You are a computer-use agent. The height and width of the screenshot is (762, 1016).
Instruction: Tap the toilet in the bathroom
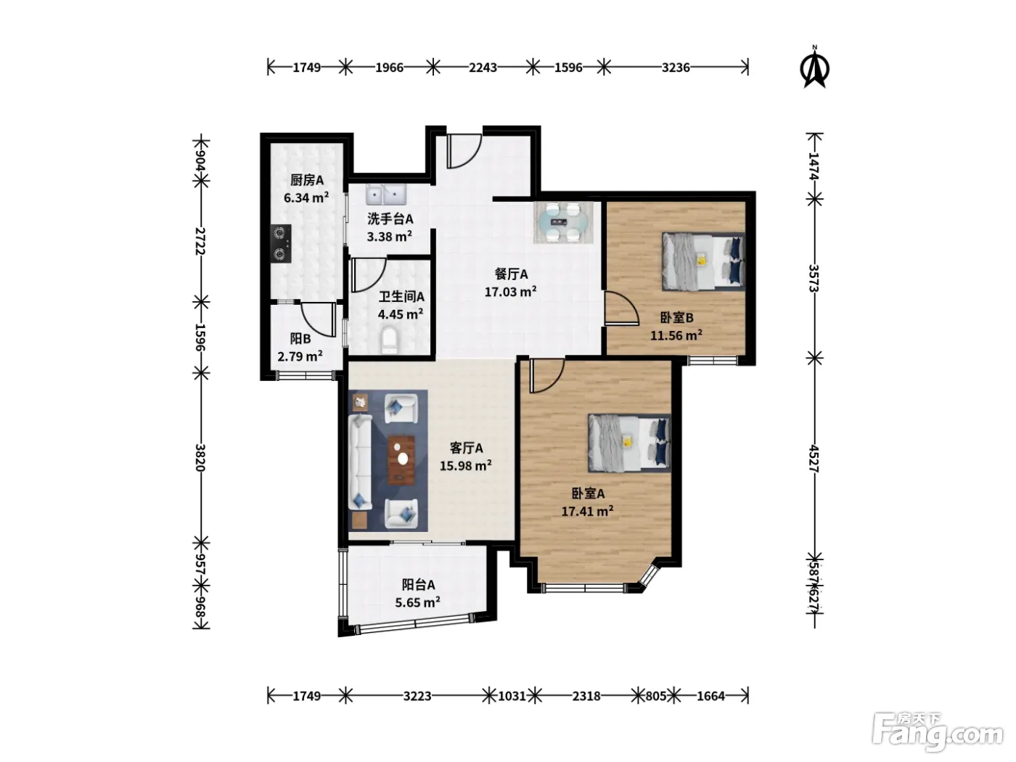tap(389, 340)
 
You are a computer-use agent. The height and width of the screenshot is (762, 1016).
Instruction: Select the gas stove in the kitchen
tap(281, 243)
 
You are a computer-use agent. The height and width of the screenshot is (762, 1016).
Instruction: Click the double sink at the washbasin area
tap(386, 194)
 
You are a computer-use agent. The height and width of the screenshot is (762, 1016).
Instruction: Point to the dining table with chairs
tap(563, 222)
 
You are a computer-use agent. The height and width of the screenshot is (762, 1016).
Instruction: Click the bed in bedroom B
tap(703, 261)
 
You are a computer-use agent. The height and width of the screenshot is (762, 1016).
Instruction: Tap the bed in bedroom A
tap(629, 443)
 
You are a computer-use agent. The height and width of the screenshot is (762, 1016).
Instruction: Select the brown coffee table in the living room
tap(401, 460)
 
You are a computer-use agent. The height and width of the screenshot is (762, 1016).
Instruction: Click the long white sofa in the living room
tap(360, 462)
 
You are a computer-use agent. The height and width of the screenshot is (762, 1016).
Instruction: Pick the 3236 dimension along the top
tap(676, 67)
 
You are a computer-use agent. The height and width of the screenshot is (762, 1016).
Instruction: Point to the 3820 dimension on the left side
tap(200, 457)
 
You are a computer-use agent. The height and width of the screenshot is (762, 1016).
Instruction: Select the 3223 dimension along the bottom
tap(417, 696)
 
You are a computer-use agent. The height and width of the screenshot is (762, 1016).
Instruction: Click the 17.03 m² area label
tap(511, 292)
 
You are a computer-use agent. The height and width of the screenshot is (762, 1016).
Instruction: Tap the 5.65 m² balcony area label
tap(417, 602)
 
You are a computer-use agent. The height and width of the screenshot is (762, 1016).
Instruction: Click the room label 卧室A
tap(588, 493)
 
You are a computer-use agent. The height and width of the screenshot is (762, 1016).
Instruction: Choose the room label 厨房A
tap(307, 180)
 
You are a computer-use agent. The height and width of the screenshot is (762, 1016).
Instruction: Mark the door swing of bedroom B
tap(622, 308)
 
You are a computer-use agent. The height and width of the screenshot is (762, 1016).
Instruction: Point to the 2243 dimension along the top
tap(483, 67)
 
